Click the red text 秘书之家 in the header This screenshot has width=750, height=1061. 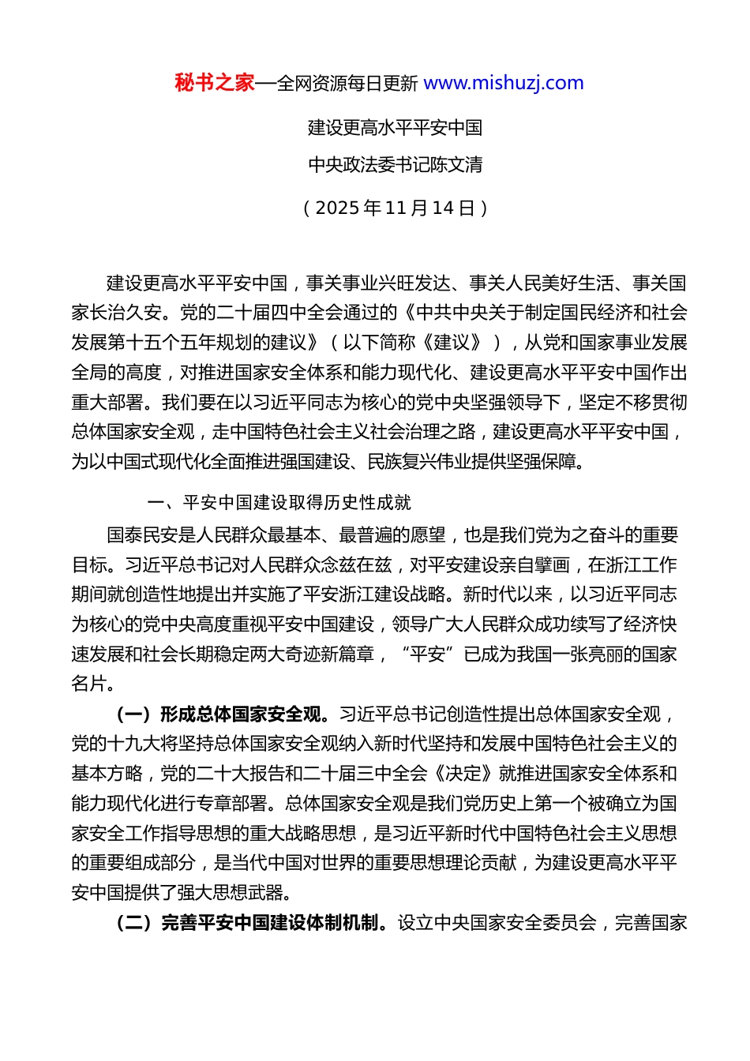click(x=215, y=83)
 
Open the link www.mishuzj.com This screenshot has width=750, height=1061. click(x=504, y=83)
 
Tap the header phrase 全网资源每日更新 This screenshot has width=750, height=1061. click(x=347, y=84)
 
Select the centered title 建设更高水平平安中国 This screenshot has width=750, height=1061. click(x=395, y=128)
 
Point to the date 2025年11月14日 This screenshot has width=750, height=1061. click(x=395, y=208)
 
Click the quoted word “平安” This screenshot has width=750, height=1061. click(x=428, y=654)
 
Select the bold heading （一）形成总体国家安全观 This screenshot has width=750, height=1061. click(x=219, y=714)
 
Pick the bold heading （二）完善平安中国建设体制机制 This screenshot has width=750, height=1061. click(x=248, y=923)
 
